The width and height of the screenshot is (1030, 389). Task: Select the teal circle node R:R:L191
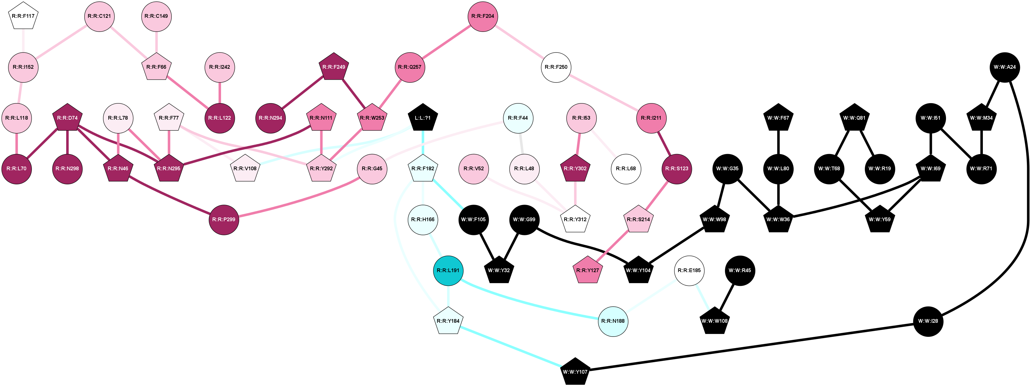[448, 271]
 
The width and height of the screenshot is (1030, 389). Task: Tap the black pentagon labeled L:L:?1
[423, 118]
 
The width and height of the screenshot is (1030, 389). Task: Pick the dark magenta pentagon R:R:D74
[67, 118]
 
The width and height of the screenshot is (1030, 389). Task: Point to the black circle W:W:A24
[1005, 67]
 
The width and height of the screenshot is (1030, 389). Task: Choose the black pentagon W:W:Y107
[575, 372]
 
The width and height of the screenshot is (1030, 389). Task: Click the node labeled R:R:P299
[224, 220]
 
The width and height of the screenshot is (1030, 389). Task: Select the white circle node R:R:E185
[689, 271]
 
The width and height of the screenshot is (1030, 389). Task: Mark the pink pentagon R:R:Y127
[587, 271]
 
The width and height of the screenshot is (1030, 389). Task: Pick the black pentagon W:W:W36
[778, 220]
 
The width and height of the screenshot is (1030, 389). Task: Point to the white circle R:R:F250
[556, 67]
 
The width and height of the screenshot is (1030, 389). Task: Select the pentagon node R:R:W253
[372, 118]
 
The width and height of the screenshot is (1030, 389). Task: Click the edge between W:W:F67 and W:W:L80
[778, 143]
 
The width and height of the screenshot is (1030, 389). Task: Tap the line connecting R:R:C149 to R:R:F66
[156, 42]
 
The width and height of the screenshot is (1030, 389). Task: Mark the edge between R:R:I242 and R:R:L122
[219, 92]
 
